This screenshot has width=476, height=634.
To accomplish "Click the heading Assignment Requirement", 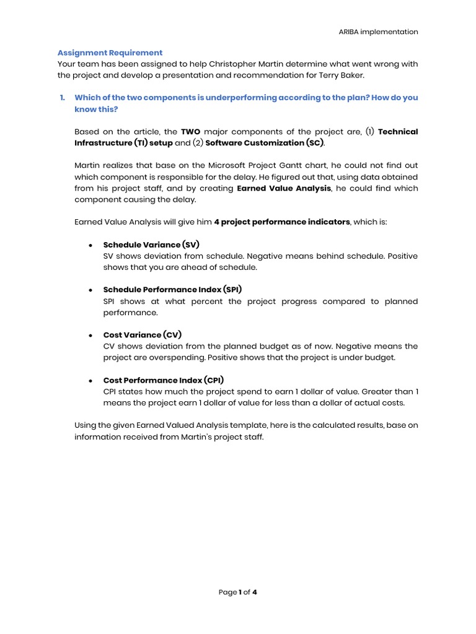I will click(x=110, y=53).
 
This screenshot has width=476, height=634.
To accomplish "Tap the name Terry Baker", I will click(x=347, y=75).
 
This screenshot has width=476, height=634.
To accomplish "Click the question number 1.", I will click(x=62, y=98).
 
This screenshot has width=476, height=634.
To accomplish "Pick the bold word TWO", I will click(x=190, y=131).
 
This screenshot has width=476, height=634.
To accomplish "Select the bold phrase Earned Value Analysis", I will click(x=284, y=188).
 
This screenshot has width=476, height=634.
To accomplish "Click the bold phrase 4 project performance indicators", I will click(x=282, y=222).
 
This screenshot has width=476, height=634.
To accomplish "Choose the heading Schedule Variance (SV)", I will click(x=151, y=245).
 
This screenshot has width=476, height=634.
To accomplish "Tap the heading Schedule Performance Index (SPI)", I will click(x=172, y=289).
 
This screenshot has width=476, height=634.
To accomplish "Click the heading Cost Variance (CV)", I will click(x=143, y=334).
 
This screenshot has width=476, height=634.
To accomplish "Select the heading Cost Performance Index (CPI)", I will click(x=164, y=380).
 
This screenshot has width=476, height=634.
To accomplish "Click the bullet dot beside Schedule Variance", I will click(x=90, y=245).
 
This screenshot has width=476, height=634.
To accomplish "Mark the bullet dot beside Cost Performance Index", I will click(x=90, y=380).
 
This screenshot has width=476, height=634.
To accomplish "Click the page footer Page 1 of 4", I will click(x=238, y=592).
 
